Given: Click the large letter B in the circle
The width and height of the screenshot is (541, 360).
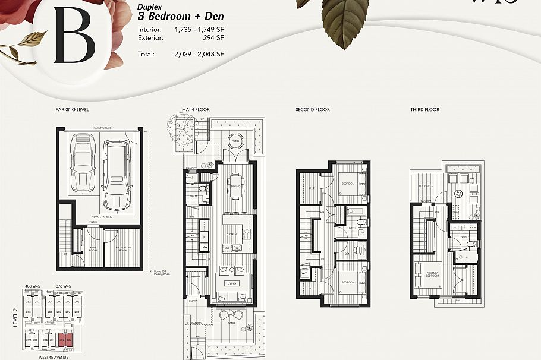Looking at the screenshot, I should coord(74,36).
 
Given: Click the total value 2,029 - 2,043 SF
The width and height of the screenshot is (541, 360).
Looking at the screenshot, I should coord(199,54).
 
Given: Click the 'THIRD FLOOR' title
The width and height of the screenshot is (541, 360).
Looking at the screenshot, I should coord(424,110).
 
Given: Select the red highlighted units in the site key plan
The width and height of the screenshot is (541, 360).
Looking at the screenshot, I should coord(65,340).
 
